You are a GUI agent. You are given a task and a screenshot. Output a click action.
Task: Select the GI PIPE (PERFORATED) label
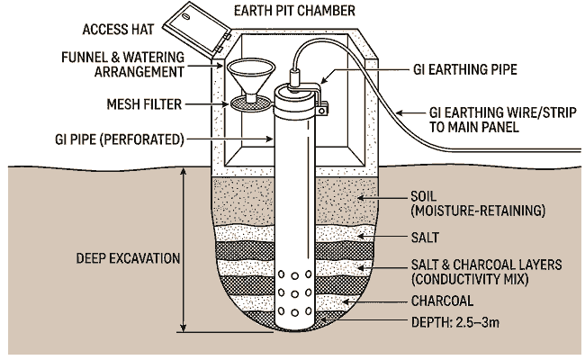pos(131,139)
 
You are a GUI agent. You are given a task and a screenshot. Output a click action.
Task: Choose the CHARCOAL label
pos(442,301)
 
